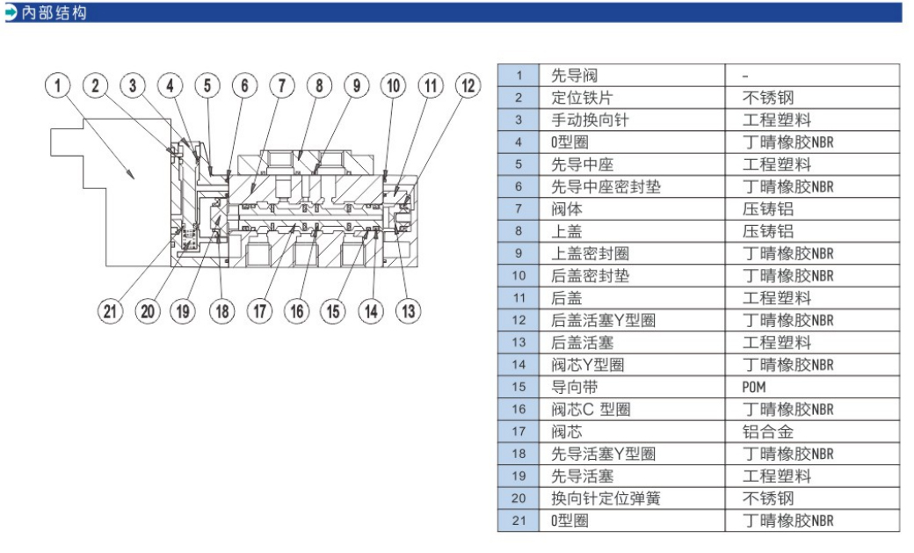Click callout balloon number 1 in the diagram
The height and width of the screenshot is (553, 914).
pyautogui.click(x=59, y=85)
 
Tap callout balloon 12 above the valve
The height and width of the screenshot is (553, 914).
pyautogui.click(x=468, y=85)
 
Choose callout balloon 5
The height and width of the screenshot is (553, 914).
pyautogui.click(x=207, y=85)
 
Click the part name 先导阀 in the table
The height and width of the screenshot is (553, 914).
pyautogui.click(x=574, y=76)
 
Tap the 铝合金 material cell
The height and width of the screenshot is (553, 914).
pyautogui.click(x=765, y=432)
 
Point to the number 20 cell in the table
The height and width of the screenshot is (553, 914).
pyautogui.click(x=519, y=498)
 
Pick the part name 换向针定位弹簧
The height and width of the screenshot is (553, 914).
pyautogui.click(x=606, y=498)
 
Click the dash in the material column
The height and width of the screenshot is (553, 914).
pyautogui.click(x=745, y=76)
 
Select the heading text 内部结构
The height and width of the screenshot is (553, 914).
pyautogui.click(x=53, y=12)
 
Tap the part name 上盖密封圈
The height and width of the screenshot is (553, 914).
pyautogui.click(x=590, y=253)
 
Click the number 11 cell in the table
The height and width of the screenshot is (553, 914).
pyautogui.click(x=519, y=298)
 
